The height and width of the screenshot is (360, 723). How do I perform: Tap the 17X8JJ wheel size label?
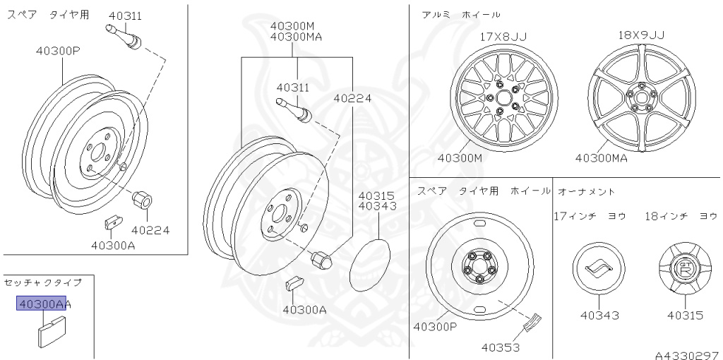pos(503,37)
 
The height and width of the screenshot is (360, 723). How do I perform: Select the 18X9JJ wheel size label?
pos(641,35)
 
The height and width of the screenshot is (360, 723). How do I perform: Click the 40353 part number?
pos(501,347)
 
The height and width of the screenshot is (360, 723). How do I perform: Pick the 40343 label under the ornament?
pos(599,316)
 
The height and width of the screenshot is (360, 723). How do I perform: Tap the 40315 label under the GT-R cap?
pos(685,316)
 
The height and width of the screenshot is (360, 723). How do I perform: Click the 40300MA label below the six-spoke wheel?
pos(602,158)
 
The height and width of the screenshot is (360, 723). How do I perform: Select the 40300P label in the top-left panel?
pos(58,51)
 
